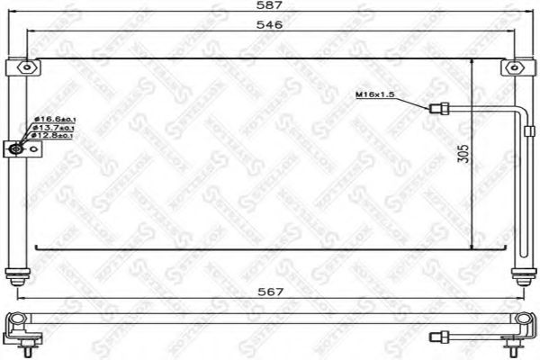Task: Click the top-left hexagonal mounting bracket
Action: [28, 67]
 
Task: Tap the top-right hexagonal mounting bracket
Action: [514, 67]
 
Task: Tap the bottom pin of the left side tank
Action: [14, 277]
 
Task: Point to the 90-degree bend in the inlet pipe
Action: [522, 112]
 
